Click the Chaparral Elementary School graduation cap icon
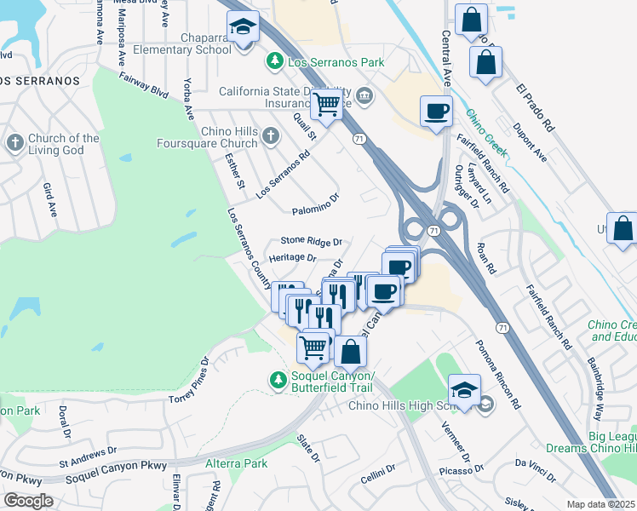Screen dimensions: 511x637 click(x=244, y=27)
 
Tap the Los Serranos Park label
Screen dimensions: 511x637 click(x=336, y=62)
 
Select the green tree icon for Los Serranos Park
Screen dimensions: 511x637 click(x=274, y=61)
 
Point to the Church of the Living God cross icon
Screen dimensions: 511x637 click(x=14, y=144)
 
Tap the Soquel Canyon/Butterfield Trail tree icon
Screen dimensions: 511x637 click(x=276, y=381)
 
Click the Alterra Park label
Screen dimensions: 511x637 click(x=237, y=463)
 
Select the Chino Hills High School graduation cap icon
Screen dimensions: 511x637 click(x=465, y=391)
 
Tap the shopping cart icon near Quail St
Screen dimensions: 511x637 click(x=327, y=104)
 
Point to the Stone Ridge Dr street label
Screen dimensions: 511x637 click(x=311, y=242)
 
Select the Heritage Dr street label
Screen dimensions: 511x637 click(x=292, y=257)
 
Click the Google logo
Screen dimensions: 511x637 click(x=28, y=501)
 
